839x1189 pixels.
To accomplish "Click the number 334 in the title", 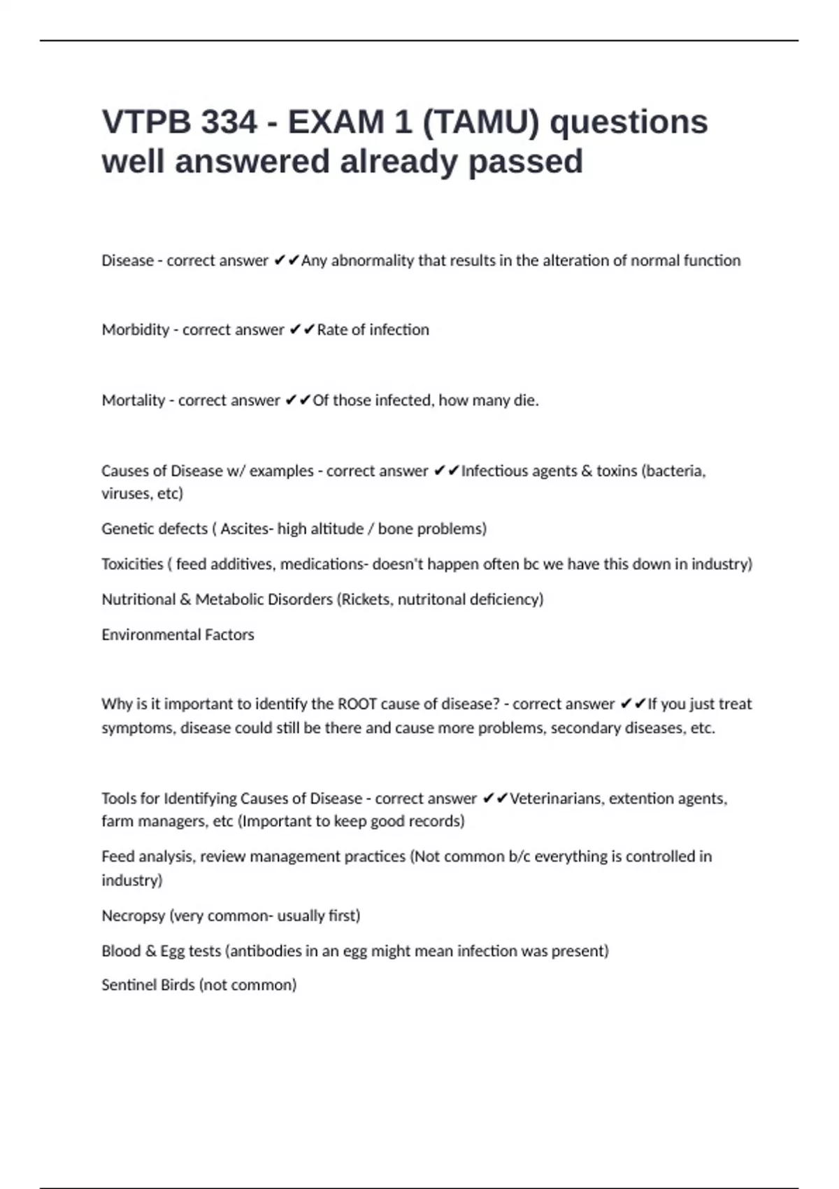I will (x=229, y=122).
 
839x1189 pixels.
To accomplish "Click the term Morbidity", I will (x=136, y=329).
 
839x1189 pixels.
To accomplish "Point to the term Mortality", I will (x=134, y=400).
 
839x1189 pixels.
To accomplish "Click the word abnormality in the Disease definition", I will (x=373, y=260).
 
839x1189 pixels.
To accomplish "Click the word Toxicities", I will (x=132, y=564).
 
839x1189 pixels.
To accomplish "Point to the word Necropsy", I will (x=134, y=916).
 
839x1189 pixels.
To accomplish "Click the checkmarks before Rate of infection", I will (x=302, y=329).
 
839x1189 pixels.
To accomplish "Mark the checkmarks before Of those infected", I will (x=298, y=400).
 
